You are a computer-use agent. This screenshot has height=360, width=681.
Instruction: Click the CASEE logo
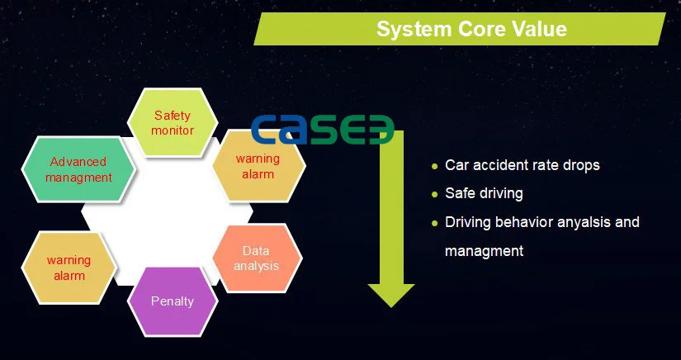pos(322,130)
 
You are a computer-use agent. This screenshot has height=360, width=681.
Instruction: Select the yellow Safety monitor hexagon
pos(173,121)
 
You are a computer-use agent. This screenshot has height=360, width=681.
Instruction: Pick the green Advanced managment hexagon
pos(78,169)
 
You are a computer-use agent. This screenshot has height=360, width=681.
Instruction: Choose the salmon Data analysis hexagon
pos(256,258)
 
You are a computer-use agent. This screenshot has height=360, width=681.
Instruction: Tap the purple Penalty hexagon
pos(173,301)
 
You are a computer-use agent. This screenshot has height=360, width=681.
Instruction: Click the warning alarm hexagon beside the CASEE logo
pos(258,166)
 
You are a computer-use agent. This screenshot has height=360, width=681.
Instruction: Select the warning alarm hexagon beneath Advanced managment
pos(69,268)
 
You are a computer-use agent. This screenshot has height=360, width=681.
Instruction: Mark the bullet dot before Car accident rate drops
pos(434,166)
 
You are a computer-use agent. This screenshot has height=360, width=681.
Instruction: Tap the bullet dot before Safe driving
pos(434,195)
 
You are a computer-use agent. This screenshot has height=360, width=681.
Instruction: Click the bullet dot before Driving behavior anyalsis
pos(434,224)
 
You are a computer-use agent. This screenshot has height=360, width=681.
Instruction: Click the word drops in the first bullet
pos(583,165)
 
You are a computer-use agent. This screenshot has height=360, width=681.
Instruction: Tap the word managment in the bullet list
pos(484,251)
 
